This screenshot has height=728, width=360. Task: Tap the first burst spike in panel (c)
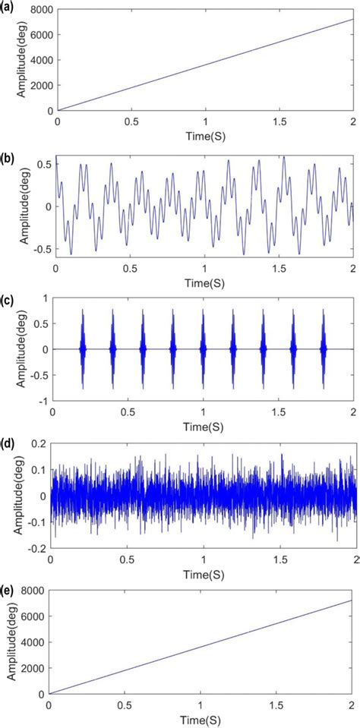(x=83, y=349)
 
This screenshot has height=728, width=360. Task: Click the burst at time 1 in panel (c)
(x=203, y=349)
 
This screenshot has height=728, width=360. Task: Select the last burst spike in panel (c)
(x=323, y=349)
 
